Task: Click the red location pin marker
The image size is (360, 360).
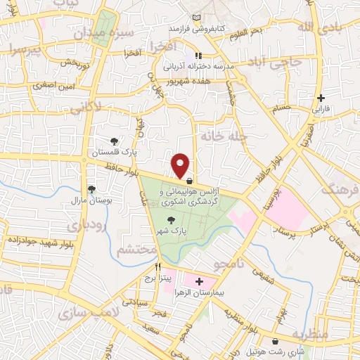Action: tap(181, 165)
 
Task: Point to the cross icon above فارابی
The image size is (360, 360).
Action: tap(321, 98)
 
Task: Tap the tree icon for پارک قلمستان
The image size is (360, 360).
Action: tap(115, 141)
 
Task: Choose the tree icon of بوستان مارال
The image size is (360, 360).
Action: tap(91, 188)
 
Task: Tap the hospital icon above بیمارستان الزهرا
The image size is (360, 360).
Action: tap(199, 281)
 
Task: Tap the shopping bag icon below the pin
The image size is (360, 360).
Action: tap(190, 180)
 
